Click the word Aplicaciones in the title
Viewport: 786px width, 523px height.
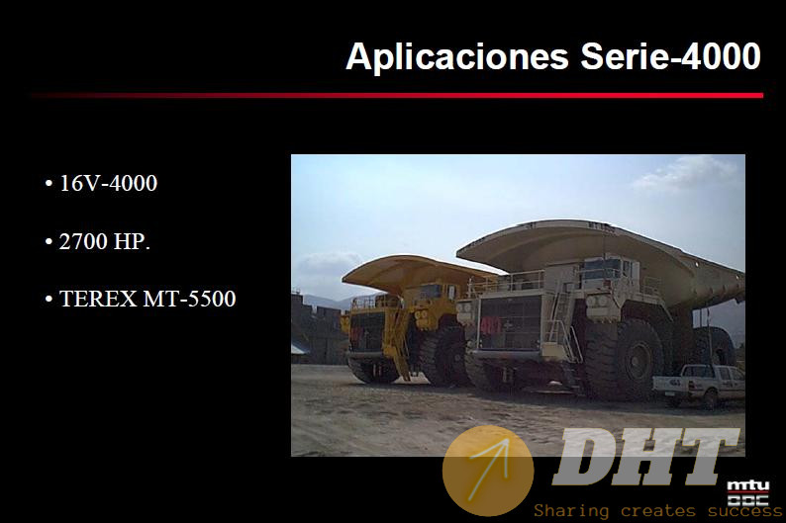coord(457,57)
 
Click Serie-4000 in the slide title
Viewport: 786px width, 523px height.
coord(671,55)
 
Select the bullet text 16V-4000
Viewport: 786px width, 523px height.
coord(108,183)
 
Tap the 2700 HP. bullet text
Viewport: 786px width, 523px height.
coord(105,242)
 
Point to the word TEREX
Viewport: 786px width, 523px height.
coord(98,299)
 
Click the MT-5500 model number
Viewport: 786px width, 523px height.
coord(189,299)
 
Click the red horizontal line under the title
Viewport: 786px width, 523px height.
coord(397,95)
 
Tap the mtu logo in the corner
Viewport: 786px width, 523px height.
coord(748,493)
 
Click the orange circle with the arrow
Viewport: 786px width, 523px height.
coord(488,471)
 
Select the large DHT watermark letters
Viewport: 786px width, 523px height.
coord(645,457)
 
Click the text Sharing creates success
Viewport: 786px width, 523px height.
coord(658,511)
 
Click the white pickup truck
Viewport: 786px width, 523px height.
coord(699,384)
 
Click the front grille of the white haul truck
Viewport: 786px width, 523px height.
coord(509,323)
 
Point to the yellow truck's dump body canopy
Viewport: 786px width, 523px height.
coord(417,273)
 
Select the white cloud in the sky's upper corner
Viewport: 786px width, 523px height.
coord(687,173)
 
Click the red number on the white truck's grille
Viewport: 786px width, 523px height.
coord(490,326)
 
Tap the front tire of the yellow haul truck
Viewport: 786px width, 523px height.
coord(442,356)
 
